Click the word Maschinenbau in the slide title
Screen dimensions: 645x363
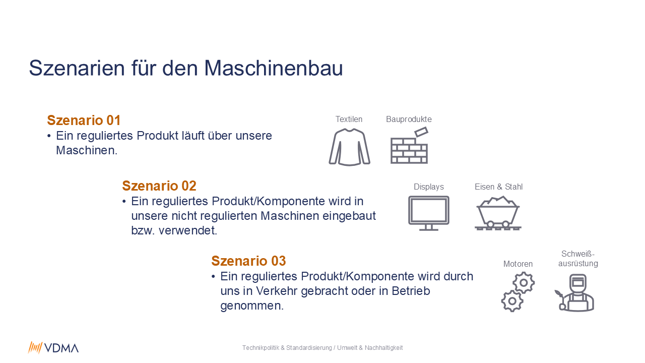[x=273, y=68]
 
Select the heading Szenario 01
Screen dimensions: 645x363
[x=84, y=120]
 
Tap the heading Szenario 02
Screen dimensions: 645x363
[x=159, y=186]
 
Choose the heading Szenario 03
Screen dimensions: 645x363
[x=248, y=261]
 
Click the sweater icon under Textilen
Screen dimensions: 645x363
[x=349, y=147]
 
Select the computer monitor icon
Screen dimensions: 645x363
[x=429, y=213]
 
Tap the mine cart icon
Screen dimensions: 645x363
[x=498, y=213]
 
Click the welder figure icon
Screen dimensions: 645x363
[x=575, y=293]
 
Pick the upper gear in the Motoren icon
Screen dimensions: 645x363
[x=524, y=283]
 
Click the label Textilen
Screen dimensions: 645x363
[x=349, y=119]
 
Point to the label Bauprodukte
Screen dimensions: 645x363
[x=409, y=119]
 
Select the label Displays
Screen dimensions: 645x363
[x=429, y=187]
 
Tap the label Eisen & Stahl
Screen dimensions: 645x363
[x=498, y=187]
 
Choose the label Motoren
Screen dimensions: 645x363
[x=518, y=264]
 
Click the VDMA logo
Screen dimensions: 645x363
[x=53, y=348]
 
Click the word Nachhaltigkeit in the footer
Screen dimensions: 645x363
[x=383, y=348]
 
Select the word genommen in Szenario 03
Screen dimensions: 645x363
[x=252, y=306]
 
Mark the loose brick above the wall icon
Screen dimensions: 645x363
[x=421, y=132]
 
